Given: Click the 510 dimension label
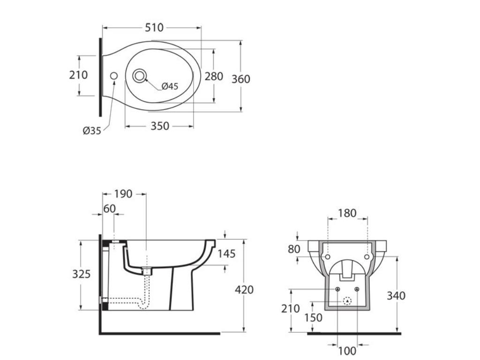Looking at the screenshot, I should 154,28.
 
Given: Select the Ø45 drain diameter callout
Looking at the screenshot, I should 170,86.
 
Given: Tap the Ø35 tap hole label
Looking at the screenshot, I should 92,131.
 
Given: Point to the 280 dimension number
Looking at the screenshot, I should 214,76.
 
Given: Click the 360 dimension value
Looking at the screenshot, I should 241,79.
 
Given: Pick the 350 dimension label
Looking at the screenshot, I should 160,126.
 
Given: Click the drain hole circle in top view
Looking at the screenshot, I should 139,75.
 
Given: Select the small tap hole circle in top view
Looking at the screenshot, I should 113,76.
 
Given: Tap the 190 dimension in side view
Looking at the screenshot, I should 123,194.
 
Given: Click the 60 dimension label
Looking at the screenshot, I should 109,209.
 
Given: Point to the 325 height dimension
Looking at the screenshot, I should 81,274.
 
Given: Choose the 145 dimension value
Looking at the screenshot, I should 226,254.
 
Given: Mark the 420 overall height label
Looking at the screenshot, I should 244,290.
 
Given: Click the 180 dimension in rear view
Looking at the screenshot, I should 347,213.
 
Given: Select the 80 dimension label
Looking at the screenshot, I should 294,249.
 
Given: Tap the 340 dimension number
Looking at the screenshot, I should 396,296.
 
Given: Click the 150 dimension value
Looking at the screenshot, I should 313,317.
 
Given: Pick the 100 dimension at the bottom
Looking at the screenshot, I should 347,351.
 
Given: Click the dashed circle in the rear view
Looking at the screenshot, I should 347,300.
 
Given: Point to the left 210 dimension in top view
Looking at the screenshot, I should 79,75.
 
